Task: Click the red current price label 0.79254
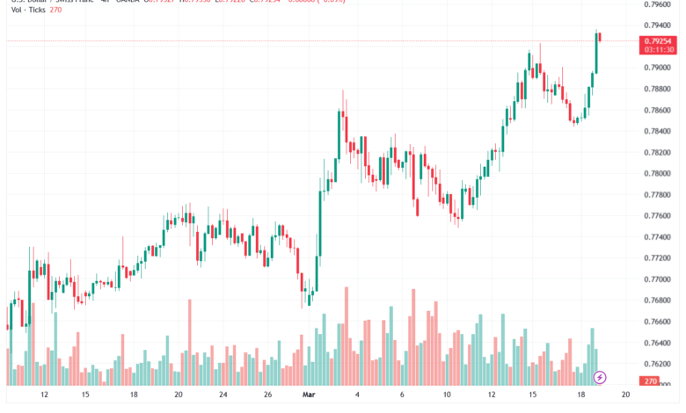pyautogui.click(x=658, y=40)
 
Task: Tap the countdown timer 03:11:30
pyautogui.click(x=658, y=51)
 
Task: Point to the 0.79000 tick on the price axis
pyautogui.click(x=659, y=68)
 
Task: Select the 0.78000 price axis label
pyautogui.click(x=659, y=173)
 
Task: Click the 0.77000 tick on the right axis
pyautogui.click(x=659, y=279)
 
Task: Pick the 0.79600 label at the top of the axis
pyautogui.click(x=659, y=4)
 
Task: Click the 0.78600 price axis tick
pyautogui.click(x=659, y=110)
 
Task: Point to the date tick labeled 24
pyautogui.click(x=223, y=395)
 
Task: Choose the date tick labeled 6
pyautogui.click(x=401, y=395)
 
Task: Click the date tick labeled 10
pyautogui.click(x=447, y=395)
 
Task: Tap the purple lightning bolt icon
pyautogui.click(x=600, y=377)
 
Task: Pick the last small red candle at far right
pyautogui.click(x=600, y=36)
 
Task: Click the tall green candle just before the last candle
pyautogui.click(x=595, y=53)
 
